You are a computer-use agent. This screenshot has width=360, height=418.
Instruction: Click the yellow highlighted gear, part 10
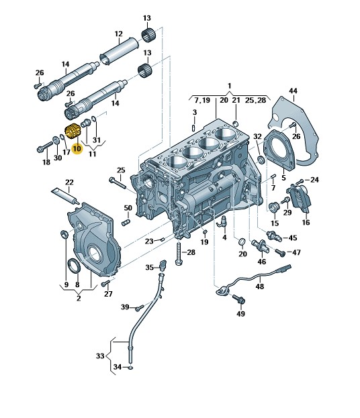pyautogui.click(x=71, y=132)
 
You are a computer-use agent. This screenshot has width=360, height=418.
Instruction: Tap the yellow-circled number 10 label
pyautogui.click(x=77, y=148)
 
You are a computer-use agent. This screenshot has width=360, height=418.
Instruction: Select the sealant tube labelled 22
pyautogui.click(x=65, y=197)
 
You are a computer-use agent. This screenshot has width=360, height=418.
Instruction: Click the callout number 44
pyautogui.click(x=293, y=91)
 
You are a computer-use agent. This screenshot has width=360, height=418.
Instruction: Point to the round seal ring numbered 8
pyautogui.click(x=75, y=266)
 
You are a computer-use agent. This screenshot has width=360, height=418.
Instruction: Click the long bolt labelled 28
pyautogui.click(x=179, y=254)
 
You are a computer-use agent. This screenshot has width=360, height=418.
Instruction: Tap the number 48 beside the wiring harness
pyautogui.click(x=259, y=286)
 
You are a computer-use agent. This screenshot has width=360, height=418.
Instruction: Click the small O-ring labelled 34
pyautogui.click(x=130, y=368)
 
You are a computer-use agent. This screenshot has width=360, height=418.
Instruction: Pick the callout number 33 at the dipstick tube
pyautogui.click(x=100, y=356)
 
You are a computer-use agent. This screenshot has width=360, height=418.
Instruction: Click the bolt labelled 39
pyautogui.click(x=139, y=308)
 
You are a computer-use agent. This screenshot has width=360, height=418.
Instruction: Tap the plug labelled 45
pyautogui.click(x=274, y=236)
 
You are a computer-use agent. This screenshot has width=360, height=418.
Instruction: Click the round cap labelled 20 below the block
pyautogui.click(x=242, y=242)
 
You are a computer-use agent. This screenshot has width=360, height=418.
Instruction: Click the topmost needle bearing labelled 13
pyautogui.click(x=148, y=35)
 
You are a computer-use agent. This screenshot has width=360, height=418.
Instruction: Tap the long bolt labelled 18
pyautogui.click(x=45, y=146)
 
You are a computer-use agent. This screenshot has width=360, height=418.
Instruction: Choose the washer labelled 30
pyautogui.click(x=56, y=140)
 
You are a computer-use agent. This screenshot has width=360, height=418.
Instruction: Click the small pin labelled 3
pyautogui.click(x=194, y=127)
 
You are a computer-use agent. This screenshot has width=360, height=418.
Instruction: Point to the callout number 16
pyautogui.click(x=306, y=222)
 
